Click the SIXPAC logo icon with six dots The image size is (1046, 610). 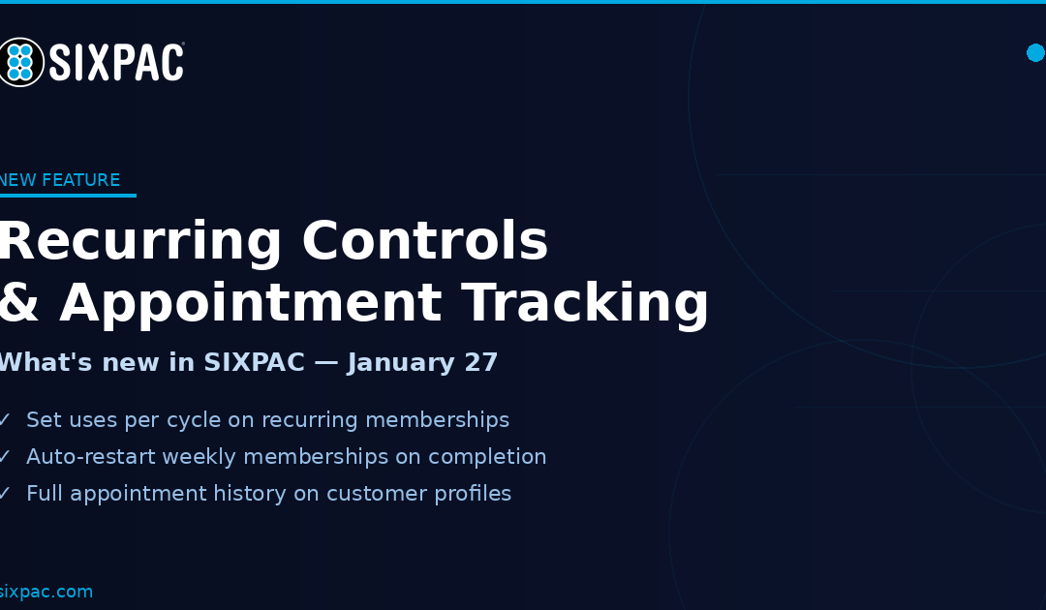point(19,62)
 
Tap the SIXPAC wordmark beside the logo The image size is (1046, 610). point(116,63)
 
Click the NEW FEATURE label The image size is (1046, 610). point(60,180)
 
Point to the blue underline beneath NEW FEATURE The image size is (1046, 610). point(68,196)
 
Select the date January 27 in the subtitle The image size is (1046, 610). point(423,363)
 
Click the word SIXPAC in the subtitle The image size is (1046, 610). point(254,363)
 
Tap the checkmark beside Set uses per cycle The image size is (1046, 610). point(5,420)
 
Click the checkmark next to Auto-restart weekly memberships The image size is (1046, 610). point(5,457)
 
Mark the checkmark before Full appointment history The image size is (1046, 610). point(5,494)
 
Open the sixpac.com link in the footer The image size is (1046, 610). point(46,592)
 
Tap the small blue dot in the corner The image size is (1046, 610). point(1035,52)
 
